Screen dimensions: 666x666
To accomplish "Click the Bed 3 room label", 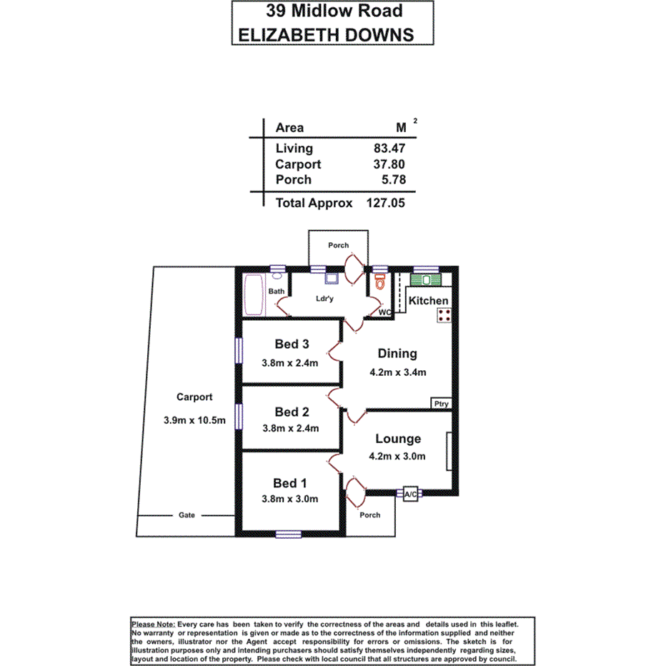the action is pos(290,344).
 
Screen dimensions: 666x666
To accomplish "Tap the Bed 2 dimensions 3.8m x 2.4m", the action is pos(290,428).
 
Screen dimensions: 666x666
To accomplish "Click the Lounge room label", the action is pos(398,439).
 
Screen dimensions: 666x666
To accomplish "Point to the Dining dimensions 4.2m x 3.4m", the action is pos(398,372).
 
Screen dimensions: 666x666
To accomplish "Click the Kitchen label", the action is pos(428,301).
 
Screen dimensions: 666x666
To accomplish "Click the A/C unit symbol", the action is pos(411,494).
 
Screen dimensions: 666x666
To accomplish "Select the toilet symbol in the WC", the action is pos(380,282).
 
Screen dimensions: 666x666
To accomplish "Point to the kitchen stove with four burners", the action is pos(443,315).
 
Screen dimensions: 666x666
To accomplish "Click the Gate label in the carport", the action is pos(187,515).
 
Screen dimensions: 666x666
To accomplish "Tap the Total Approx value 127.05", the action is pos(386,203).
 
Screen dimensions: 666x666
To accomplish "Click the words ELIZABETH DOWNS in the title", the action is pos(326,34).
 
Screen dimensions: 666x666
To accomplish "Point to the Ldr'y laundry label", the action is pos(325,299).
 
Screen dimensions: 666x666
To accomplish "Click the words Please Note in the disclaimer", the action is pos(152,624).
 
